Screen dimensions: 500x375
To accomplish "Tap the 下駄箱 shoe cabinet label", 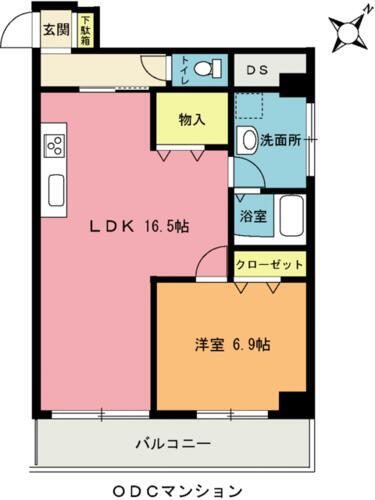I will point(86,31).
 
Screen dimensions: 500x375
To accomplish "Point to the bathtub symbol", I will point(289,214).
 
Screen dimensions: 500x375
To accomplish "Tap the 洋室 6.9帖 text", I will point(232,345).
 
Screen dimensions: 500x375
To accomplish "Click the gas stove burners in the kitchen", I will point(54,145).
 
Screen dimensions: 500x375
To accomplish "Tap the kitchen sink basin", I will point(55,187).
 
